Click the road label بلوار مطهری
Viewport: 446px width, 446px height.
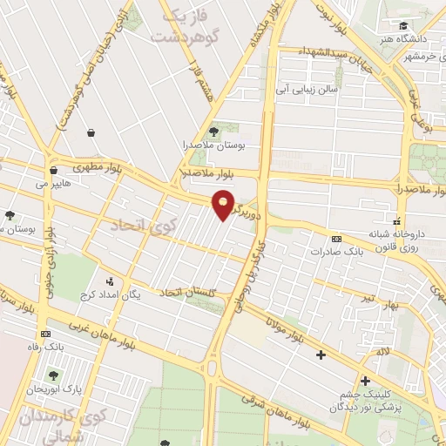click(x=92, y=162)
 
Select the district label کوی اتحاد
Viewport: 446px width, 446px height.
click(x=143, y=226)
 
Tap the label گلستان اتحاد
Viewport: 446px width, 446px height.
click(x=186, y=292)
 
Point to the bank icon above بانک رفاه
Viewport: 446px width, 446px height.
click(x=45, y=334)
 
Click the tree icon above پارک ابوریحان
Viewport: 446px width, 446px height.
click(x=54, y=375)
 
